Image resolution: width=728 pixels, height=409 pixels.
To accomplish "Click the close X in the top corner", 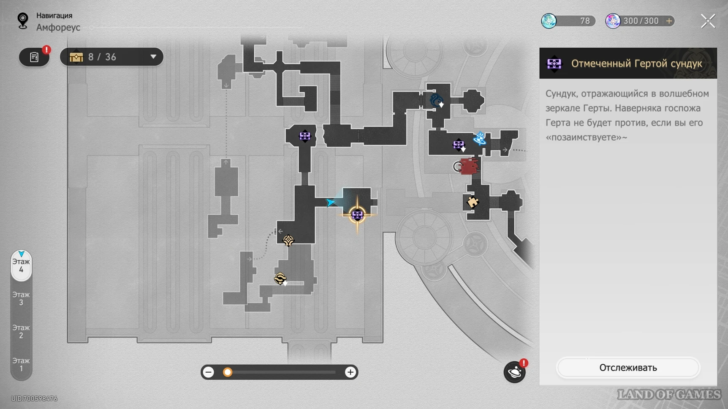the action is [708, 21].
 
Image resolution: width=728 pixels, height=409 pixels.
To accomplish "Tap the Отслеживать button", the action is [628, 368].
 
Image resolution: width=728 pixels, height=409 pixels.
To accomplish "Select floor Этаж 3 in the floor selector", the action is [21, 298].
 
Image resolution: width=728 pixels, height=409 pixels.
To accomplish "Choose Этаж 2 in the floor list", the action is [21, 331].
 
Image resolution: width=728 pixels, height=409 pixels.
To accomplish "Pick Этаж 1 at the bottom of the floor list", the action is [21, 364].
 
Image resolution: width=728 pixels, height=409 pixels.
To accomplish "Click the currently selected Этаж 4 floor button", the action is [21, 266].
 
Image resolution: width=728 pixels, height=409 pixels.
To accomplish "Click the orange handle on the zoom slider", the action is [228, 372].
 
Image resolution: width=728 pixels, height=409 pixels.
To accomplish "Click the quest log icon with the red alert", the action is [34, 57].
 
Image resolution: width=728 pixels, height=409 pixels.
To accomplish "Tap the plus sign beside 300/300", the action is [669, 21].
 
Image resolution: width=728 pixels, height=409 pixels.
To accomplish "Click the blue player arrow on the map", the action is [330, 202].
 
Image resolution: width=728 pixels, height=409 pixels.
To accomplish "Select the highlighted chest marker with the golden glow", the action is [357, 215].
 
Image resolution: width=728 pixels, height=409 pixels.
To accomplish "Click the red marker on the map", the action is [469, 166].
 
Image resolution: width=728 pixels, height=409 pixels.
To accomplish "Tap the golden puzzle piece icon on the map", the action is [473, 202].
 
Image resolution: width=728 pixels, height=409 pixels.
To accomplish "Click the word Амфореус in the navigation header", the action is [58, 27].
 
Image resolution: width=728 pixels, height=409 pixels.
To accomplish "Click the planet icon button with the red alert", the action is [515, 372].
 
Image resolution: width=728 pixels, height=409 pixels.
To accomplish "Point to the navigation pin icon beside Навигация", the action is [23, 21].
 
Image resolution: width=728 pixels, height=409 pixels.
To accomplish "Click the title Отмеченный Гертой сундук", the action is [636, 63].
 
